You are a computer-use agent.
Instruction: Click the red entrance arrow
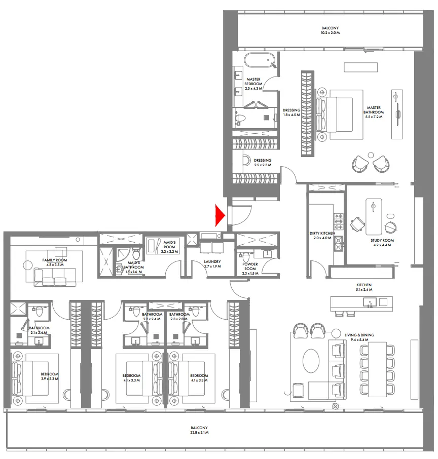click(220, 215)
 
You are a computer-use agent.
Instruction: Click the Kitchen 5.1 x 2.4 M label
click(363, 288)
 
